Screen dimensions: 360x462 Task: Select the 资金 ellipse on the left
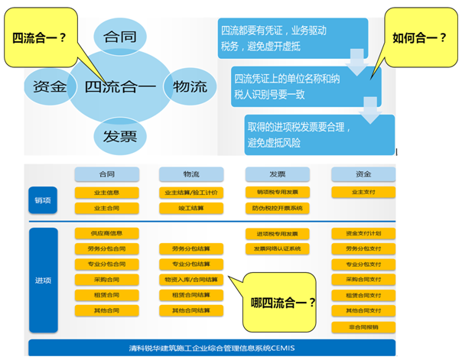coord(50,86)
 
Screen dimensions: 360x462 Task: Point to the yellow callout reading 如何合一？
coord(419,37)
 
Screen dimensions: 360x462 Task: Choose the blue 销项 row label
coord(42,200)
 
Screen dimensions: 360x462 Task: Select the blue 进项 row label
coord(42,280)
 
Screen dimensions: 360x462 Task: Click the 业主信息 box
coord(106,193)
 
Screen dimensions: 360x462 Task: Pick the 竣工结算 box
coord(190,208)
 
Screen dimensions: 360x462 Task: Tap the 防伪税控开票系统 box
coord(277,208)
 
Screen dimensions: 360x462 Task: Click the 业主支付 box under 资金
coord(363,193)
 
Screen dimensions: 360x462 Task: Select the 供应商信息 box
coord(106,233)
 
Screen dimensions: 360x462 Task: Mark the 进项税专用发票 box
coord(277,233)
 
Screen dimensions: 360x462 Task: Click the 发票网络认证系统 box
coord(277,248)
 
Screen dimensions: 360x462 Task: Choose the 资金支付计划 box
coord(363,233)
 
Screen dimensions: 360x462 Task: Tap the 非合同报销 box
coord(363,326)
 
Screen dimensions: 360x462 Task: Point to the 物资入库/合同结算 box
coord(190,280)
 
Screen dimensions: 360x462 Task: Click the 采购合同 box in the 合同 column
coord(106,280)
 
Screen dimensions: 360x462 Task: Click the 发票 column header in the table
coord(277,174)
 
